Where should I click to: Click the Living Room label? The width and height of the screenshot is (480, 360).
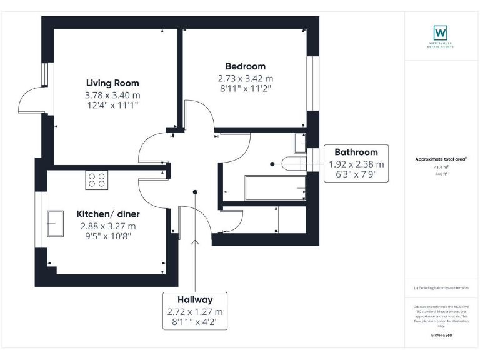pyautogui.click(x=112, y=83)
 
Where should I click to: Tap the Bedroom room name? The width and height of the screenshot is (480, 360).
pyautogui.click(x=245, y=66)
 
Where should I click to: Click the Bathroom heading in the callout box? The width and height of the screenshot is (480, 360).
pyautogui.click(x=356, y=152)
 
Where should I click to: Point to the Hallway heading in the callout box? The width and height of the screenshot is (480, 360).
pyautogui.click(x=194, y=300)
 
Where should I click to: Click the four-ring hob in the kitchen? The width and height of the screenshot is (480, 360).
pyautogui.click(x=97, y=180)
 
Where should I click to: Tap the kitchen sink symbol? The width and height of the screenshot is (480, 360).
pyautogui.click(x=54, y=224)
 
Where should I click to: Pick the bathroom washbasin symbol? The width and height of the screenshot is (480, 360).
pyautogui.click(x=299, y=143)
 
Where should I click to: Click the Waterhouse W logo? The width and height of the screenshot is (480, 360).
pyautogui.click(x=441, y=32)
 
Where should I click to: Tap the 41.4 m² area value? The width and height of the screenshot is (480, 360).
pyautogui.click(x=441, y=167)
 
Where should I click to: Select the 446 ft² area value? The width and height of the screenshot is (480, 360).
pyautogui.click(x=441, y=174)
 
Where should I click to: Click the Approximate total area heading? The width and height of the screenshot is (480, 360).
pyautogui.click(x=440, y=159)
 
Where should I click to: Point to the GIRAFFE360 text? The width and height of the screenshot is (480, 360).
pyautogui.click(x=441, y=336)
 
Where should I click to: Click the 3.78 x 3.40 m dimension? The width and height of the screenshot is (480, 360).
pyautogui.click(x=112, y=95)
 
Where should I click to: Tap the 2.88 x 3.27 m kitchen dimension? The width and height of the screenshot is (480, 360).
pyautogui.click(x=106, y=226)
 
